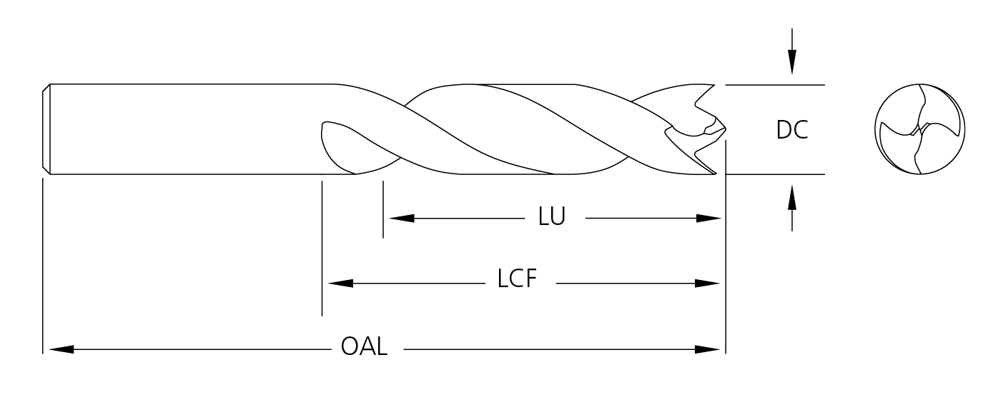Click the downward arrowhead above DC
coord(791,64)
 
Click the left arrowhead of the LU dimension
coord(400,218)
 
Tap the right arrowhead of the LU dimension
coord(708,218)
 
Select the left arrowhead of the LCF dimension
coord(339,283)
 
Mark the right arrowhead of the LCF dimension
coord(708,283)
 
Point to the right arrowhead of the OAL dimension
coord(708,349)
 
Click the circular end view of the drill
coord(920,129)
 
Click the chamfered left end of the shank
coord(46,129)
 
